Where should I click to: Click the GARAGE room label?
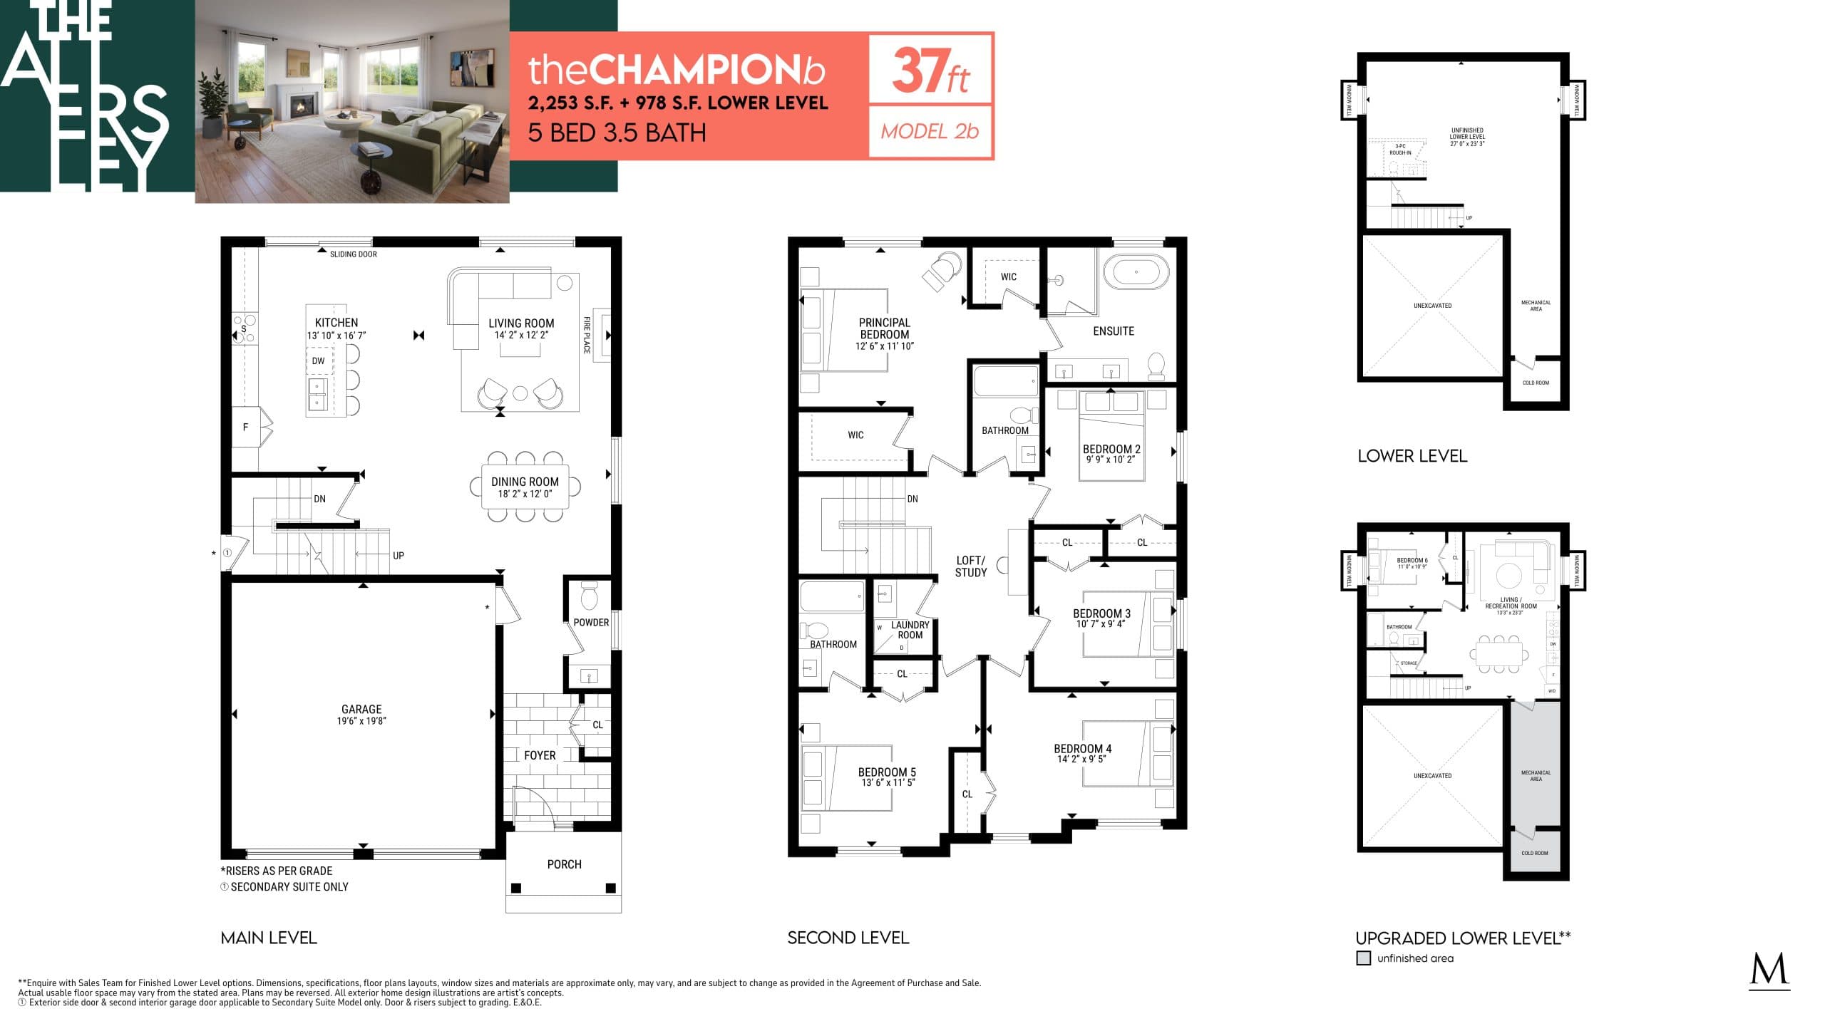(x=361, y=709)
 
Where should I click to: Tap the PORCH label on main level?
(x=564, y=864)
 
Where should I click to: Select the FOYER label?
(x=540, y=755)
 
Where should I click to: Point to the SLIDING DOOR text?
(x=353, y=254)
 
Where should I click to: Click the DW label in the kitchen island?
(x=318, y=361)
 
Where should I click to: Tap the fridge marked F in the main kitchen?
(x=246, y=427)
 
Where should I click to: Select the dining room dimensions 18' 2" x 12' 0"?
(x=525, y=494)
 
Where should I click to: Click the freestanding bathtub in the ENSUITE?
(x=1136, y=272)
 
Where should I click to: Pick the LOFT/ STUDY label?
(x=970, y=566)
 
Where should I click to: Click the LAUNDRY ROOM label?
(x=910, y=630)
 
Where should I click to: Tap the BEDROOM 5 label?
(x=887, y=772)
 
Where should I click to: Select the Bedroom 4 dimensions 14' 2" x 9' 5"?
(x=1082, y=759)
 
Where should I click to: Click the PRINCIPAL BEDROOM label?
(x=884, y=328)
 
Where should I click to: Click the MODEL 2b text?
(x=930, y=132)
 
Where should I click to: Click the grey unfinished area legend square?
(x=1363, y=958)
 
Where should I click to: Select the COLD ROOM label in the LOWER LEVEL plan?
(x=1536, y=383)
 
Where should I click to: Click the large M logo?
(x=1769, y=971)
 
